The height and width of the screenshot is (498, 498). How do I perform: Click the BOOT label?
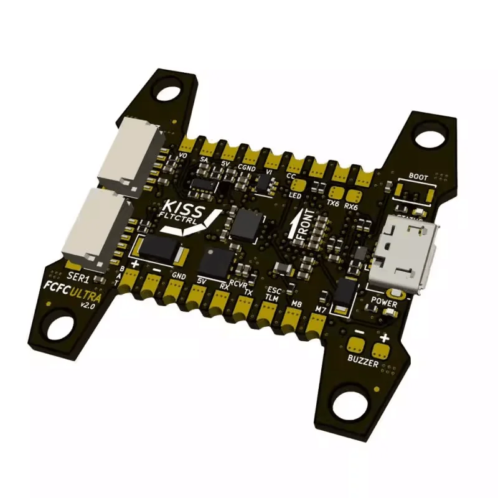pyautogui.click(x=418, y=177)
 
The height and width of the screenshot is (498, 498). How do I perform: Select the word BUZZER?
pyautogui.click(x=363, y=360)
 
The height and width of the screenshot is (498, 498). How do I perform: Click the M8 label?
pyautogui.click(x=296, y=304)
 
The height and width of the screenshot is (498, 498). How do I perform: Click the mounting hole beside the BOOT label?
pyautogui.click(x=429, y=136)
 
